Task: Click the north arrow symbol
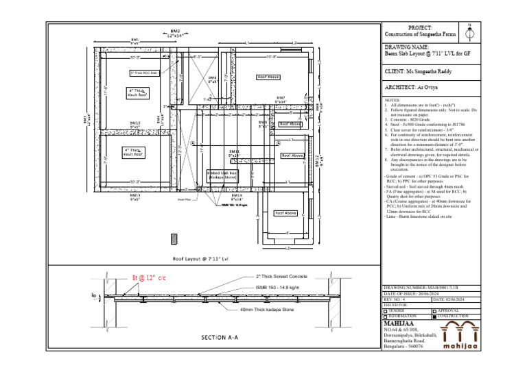click(469, 30)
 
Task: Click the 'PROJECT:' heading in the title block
click(420, 26)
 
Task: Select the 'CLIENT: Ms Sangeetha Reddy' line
click(419, 71)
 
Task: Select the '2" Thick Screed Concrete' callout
click(283, 277)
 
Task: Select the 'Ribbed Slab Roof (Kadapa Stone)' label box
click(222, 175)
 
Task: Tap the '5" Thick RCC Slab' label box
click(144, 73)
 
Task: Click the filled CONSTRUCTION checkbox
click(434, 317)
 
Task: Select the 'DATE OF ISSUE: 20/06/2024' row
click(419, 293)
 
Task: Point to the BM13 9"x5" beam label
click(135, 197)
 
